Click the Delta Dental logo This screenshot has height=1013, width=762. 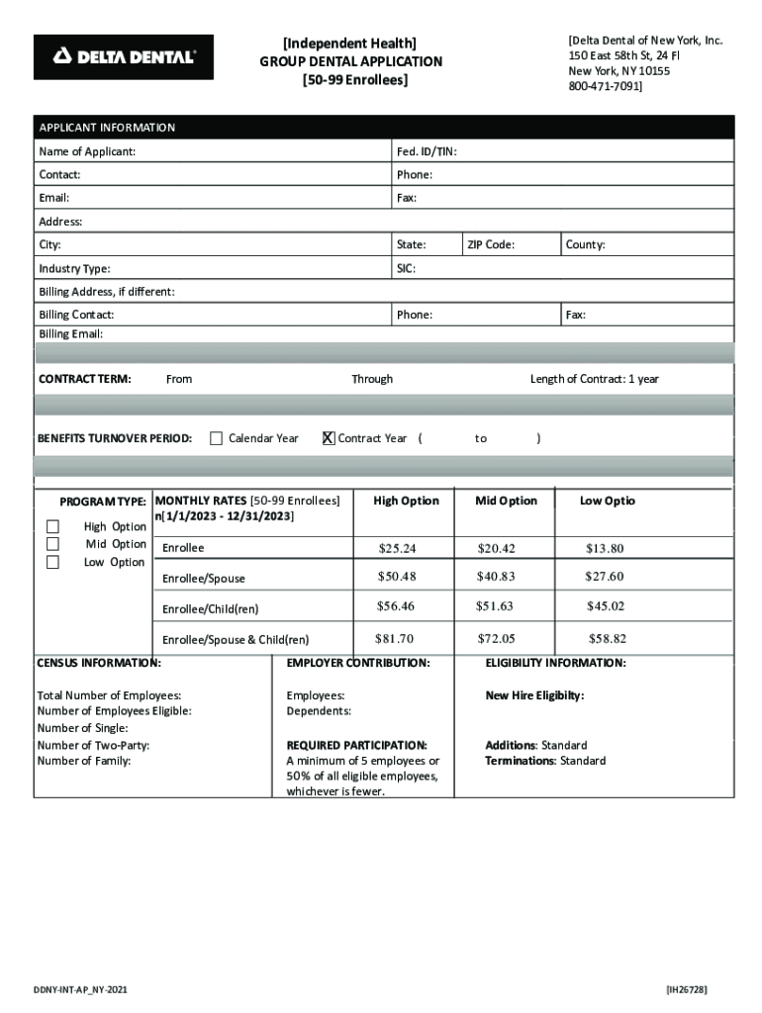[x=124, y=57]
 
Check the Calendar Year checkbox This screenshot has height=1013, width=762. [x=216, y=438]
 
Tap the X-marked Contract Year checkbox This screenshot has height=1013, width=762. [x=329, y=438]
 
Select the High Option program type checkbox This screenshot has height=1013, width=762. [x=53, y=526]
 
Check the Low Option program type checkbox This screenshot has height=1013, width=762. [x=53, y=562]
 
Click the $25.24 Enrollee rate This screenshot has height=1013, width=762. [x=397, y=548]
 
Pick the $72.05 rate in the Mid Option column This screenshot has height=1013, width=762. [x=496, y=639]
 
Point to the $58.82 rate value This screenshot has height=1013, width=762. [x=607, y=639]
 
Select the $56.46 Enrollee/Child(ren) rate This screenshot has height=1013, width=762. [x=396, y=605]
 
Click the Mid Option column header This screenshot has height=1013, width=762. [x=506, y=501]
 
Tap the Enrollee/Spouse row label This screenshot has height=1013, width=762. [x=203, y=578]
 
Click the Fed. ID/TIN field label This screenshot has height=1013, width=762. [x=426, y=151]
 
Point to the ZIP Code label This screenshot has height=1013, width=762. [x=490, y=244]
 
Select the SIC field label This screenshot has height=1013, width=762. [x=406, y=268]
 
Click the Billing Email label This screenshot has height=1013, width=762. [x=70, y=334]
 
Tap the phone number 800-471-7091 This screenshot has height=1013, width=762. [x=605, y=87]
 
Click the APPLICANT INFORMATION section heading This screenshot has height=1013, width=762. [x=107, y=128]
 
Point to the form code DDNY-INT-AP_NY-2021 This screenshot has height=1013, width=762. [x=79, y=990]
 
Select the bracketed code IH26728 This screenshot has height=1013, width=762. [x=687, y=989]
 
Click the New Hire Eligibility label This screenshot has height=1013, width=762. [x=534, y=695]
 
